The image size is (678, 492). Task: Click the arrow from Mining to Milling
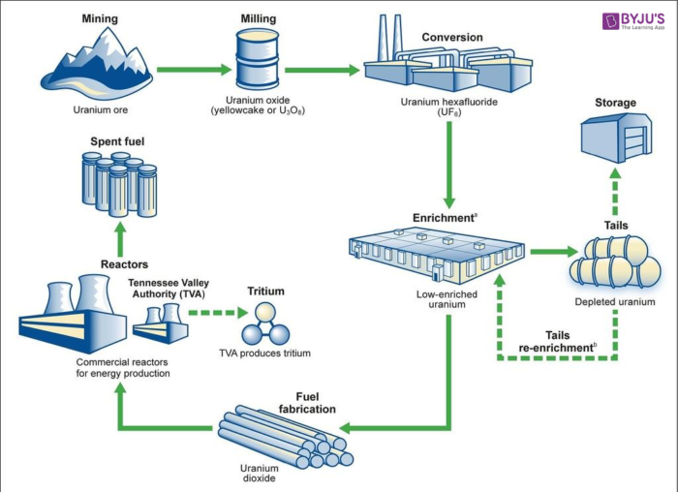pos(190,70)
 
